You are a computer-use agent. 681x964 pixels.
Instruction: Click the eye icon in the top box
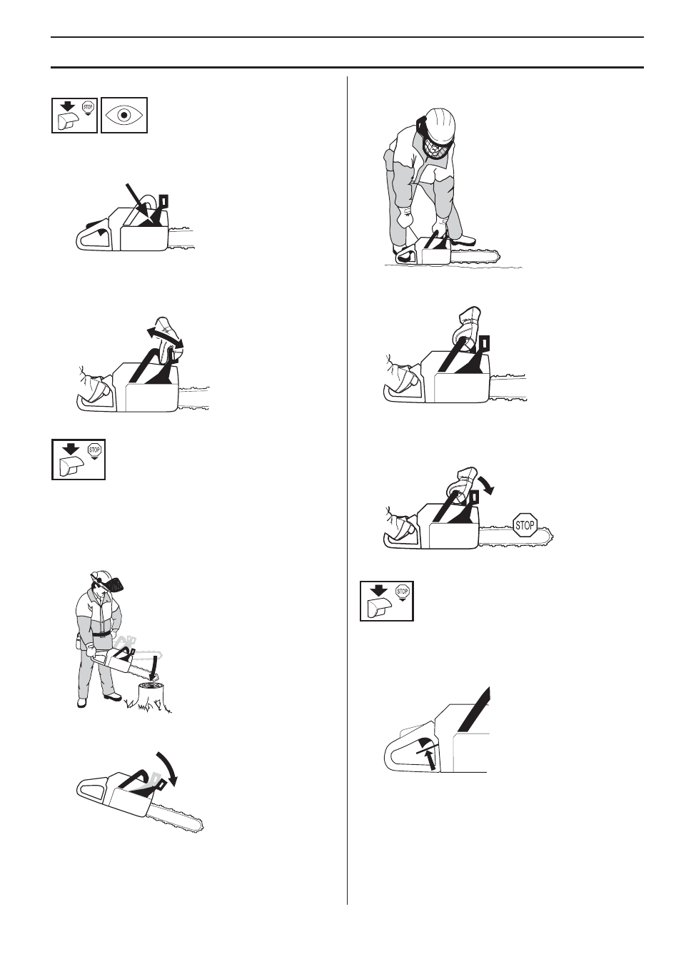click(x=124, y=116)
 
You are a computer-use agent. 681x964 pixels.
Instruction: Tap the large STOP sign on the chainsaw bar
click(x=525, y=525)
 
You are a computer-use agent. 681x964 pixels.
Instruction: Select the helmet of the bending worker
click(x=439, y=124)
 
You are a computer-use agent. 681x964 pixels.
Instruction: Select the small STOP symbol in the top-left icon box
click(x=88, y=107)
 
